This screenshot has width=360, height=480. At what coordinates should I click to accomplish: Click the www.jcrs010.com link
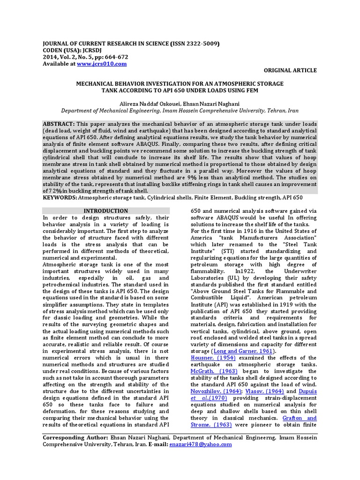[102, 63]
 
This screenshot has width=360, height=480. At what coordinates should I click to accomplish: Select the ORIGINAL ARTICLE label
[291, 70]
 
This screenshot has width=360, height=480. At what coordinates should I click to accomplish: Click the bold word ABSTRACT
[59, 123]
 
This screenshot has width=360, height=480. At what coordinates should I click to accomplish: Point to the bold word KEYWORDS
[60, 198]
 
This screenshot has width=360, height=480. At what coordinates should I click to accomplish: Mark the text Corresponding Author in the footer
[72, 438]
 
